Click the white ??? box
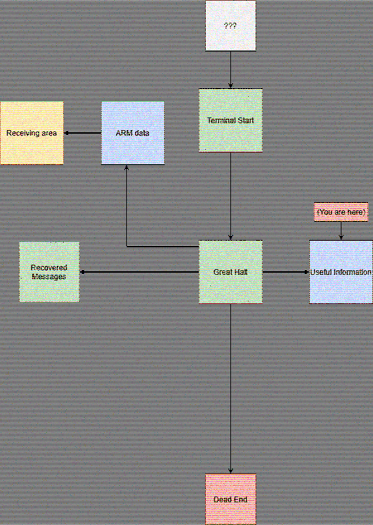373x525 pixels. [230, 25]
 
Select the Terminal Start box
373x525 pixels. [230, 120]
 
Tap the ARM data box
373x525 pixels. [133, 133]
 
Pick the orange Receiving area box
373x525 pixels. [32, 133]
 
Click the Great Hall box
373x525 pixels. [230, 272]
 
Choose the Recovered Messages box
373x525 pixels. [49, 272]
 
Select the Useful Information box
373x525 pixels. [341, 272]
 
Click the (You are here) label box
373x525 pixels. [341, 212]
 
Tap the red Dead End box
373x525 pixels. [230, 499]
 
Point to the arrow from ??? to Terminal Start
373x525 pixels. [230, 69]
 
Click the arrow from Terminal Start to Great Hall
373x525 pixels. [230, 196]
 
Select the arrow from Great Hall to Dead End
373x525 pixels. [230, 389]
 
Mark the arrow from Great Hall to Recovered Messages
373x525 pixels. [139, 272]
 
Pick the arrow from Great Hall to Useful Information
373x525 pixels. [286, 272]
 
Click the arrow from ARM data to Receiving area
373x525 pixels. [82, 133]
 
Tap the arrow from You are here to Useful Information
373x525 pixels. [341, 231]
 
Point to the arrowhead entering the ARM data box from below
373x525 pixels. [126, 167]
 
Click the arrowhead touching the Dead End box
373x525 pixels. [230, 471]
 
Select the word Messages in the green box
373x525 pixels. [49, 277]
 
